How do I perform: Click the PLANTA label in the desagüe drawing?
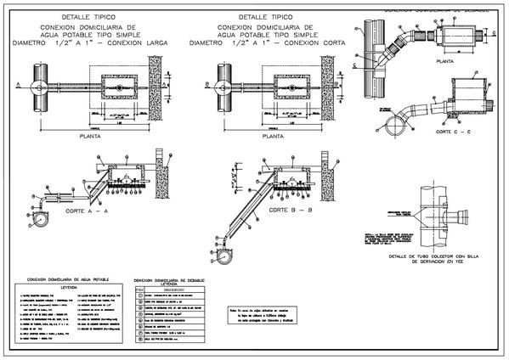coord(442,62)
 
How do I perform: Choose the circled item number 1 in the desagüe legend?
coord(139,295)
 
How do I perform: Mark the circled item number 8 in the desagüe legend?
coord(139,340)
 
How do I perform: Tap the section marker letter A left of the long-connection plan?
coord(15,84)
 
